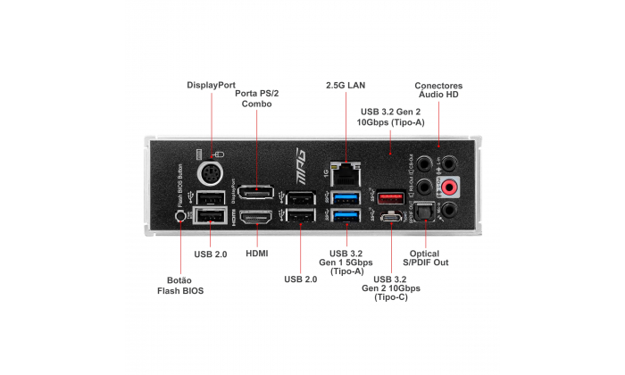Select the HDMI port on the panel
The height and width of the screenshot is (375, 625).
[256, 217]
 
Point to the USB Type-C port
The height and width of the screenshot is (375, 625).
[389, 217]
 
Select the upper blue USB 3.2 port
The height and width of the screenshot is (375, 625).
[345, 196]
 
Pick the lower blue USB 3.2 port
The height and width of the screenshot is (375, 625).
[345, 217]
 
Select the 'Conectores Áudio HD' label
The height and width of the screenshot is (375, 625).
[438, 90]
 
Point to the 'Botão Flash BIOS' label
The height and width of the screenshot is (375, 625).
[180, 285]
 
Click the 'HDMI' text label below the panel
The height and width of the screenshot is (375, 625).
[256, 254]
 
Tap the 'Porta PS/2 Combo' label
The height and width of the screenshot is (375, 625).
[256, 98]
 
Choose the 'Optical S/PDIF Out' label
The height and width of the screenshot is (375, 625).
[428, 257]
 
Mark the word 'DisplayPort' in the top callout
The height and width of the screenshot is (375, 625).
[212, 85]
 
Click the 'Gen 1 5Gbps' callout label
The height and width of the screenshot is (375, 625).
[345, 262]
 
